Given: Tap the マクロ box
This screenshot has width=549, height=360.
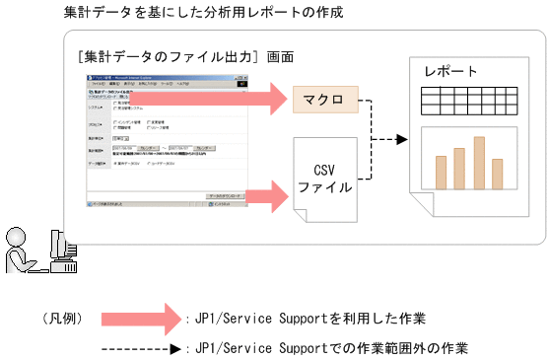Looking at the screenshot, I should pyautogui.click(x=323, y=99).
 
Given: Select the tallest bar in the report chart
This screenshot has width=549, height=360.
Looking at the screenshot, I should pyautogui.click(x=479, y=162).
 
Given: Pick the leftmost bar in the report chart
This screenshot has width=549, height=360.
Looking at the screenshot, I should pyautogui.click(x=438, y=172).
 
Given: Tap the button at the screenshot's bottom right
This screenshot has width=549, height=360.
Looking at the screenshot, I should pyautogui.click(x=231, y=194).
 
